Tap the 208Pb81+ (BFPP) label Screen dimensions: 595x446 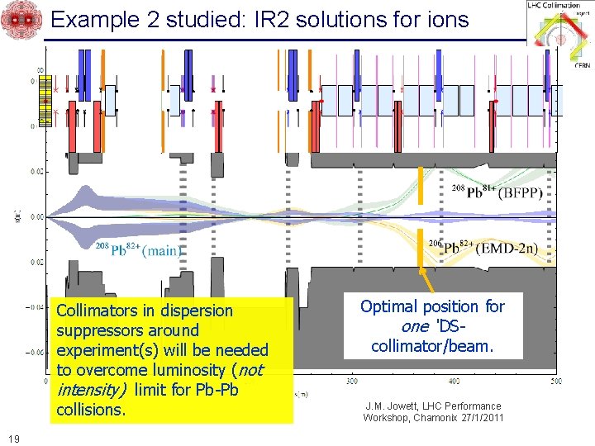pyautogui.click(x=497, y=192)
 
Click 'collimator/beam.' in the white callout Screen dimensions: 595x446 pyautogui.click(x=432, y=346)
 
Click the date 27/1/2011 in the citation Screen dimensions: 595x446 pyautogui.click(x=477, y=418)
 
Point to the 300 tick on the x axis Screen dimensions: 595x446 pyautogui.click(x=353, y=381)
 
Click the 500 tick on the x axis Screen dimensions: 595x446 pyautogui.click(x=555, y=381)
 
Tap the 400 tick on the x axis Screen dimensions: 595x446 pyautogui.click(x=454, y=381)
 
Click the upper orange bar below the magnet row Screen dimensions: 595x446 pyautogui.click(x=421, y=184)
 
